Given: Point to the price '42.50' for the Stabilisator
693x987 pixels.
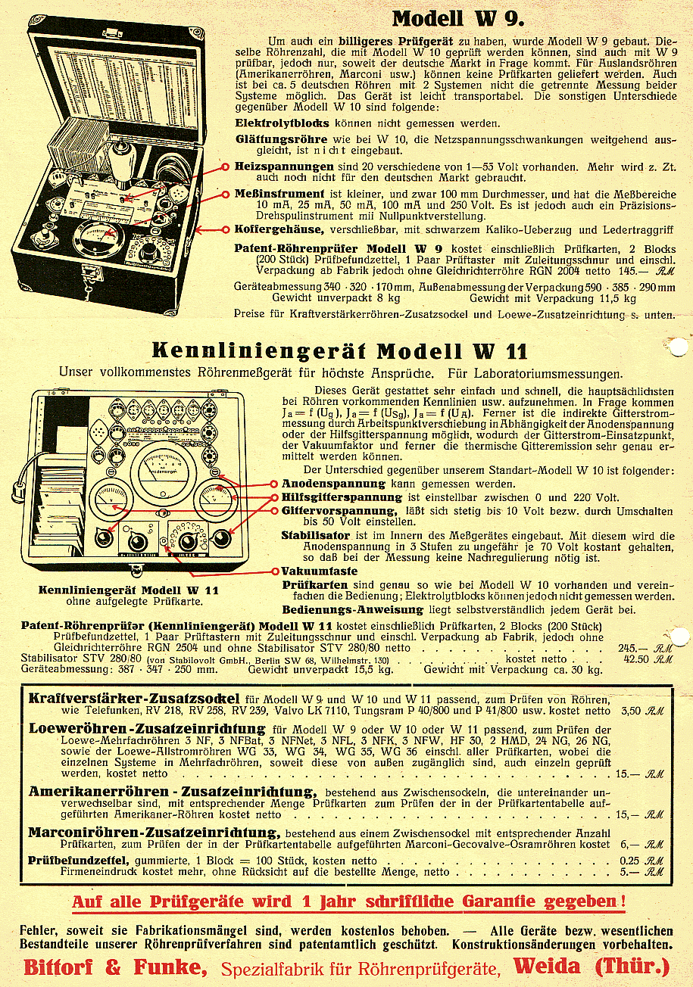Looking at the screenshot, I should click(635, 659).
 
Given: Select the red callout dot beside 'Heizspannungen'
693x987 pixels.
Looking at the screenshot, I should click(225, 166).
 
